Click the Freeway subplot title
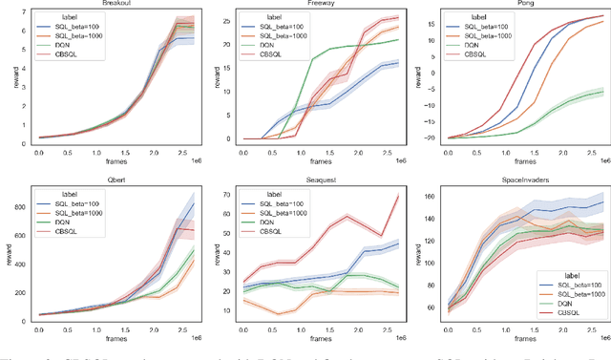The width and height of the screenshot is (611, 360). tap(322, 4)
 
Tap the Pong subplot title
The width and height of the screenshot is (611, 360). tap(520, 4)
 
